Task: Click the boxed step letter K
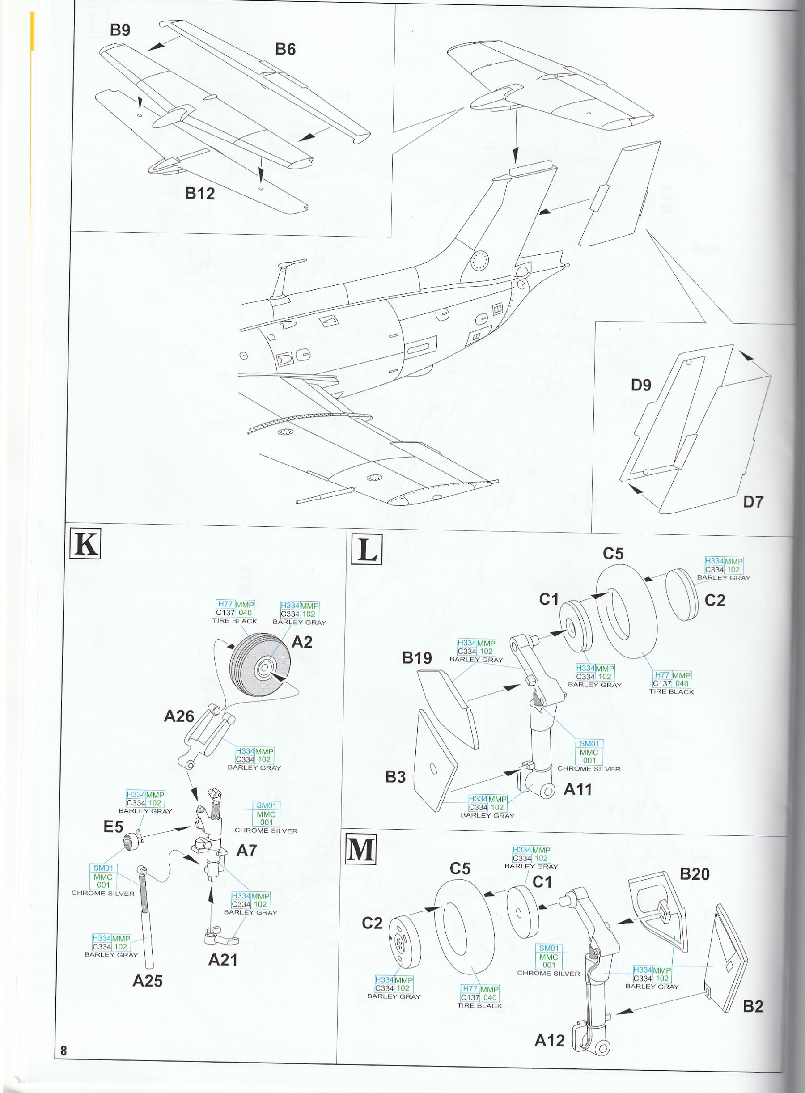85,543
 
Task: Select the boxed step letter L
366,549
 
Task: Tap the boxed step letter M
360,849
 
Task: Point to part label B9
120,30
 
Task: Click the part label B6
285,49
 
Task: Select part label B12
200,194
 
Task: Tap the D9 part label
641,385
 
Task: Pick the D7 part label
752,501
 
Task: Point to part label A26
179,716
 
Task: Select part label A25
147,980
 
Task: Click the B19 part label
417,658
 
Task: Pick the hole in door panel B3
433,768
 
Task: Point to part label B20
695,874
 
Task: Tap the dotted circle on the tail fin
479,260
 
